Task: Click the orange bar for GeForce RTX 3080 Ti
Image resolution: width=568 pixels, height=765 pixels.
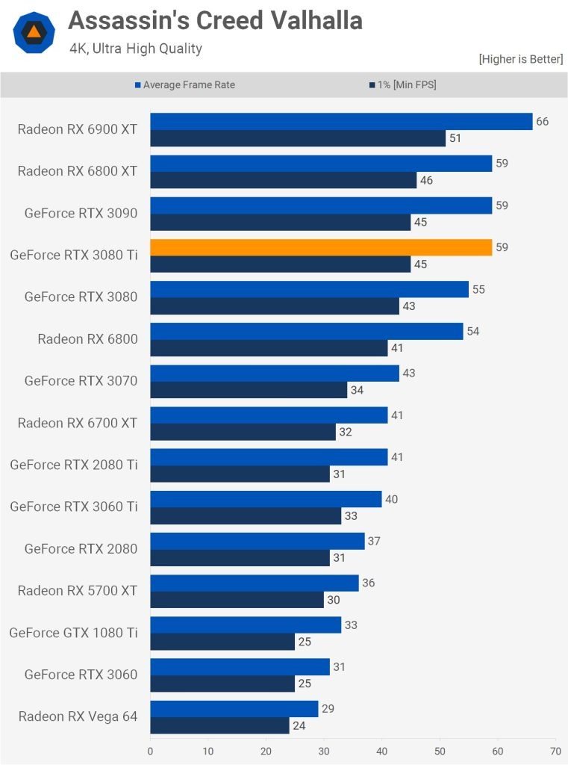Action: pyautogui.click(x=321, y=247)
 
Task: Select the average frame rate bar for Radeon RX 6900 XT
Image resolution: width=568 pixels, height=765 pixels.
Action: pyautogui.click(x=341, y=122)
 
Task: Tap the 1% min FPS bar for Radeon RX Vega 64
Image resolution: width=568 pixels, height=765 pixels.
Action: pyautogui.click(x=219, y=725)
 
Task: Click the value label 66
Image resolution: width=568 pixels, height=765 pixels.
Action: pyautogui.click(x=542, y=121)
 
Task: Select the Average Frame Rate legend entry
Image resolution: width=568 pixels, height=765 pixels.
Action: pyautogui.click(x=184, y=85)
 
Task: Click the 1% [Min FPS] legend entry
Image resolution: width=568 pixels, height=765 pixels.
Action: pyautogui.click(x=402, y=85)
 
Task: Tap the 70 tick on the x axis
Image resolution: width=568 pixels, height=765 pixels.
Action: pyautogui.click(x=555, y=751)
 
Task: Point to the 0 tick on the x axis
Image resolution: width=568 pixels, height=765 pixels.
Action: pyautogui.click(x=151, y=751)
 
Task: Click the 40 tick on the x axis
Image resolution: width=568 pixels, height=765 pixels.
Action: pyautogui.click(x=381, y=751)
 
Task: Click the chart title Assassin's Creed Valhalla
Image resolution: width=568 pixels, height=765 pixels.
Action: pyautogui.click(x=215, y=21)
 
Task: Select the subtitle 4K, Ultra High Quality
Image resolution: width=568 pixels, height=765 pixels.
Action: pyautogui.click(x=136, y=49)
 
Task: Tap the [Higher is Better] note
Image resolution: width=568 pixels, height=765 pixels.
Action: pyautogui.click(x=520, y=59)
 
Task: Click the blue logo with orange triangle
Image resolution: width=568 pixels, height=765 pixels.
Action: pyautogui.click(x=34, y=32)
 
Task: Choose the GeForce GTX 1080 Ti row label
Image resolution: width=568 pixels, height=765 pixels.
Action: pyautogui.click(x=73, y=633)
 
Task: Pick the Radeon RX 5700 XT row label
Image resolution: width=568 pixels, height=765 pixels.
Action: pyautogui.click(x=78, y=590)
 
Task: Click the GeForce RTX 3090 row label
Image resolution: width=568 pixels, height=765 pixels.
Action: pyautogui.click(x=81, y=213)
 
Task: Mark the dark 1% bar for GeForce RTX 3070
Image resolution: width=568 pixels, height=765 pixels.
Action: pyautogui.click(x=249, y=390)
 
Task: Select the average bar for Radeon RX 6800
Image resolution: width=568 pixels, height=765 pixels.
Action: pyautogui.click(x=306, y=331)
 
